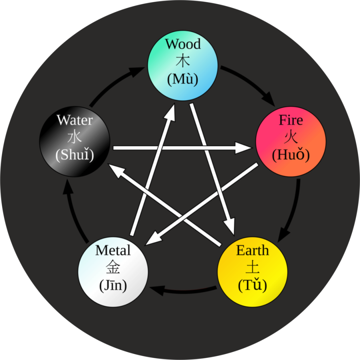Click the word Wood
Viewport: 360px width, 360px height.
pos(183,44)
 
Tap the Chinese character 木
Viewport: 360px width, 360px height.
pos(183,62)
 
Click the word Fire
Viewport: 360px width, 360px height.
pos(291,120)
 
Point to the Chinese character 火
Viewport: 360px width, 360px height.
pos(291,138)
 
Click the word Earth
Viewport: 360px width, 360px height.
pos(252,251)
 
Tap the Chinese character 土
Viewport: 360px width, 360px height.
pos(252,268)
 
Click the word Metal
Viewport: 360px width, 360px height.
pos(113,251)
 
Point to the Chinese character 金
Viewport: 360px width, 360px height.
pos(113,268)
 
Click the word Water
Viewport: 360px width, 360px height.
pos(74,120)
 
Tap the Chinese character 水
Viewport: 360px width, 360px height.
pos(74,138)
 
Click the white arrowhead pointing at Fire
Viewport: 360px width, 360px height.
pos(242,148)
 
